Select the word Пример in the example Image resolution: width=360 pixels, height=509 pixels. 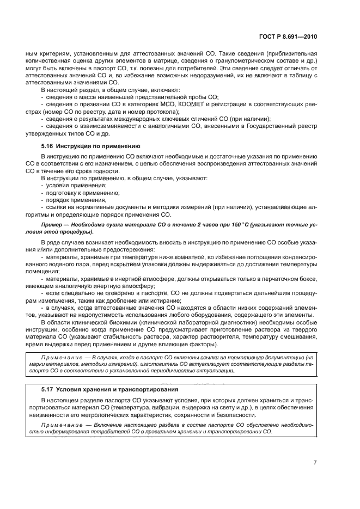[x=53, y=224]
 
